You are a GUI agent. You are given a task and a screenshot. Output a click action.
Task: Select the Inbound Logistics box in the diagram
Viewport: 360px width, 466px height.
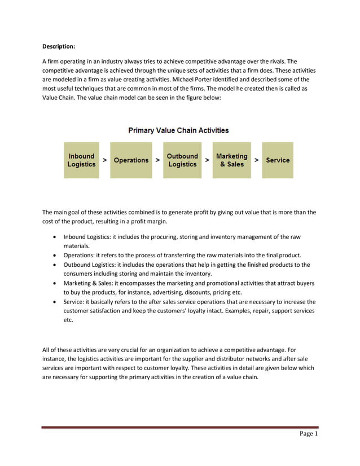click(x=81, y=160)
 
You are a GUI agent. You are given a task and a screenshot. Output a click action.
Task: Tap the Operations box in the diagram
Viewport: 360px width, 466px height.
click(x=131, y=160)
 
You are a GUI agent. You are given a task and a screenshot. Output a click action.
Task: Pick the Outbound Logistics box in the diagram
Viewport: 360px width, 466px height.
click(x=182, y=160)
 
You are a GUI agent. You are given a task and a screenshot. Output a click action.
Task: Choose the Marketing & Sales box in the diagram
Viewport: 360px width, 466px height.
click(x=231, y=160)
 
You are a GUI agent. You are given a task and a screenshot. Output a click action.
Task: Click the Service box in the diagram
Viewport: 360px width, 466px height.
click(x=278, y=160)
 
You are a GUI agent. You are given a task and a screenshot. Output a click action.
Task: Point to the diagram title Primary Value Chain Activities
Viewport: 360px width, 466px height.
click(x=178, y=130)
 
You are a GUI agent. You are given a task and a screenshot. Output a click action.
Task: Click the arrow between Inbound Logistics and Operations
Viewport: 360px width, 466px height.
click(x=105, y=160)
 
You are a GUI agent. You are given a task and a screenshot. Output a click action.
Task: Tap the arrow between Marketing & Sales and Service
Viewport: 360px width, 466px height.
click(x=257, y=160)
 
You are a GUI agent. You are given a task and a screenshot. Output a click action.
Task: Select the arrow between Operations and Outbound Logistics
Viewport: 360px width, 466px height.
click(x=157, y=160)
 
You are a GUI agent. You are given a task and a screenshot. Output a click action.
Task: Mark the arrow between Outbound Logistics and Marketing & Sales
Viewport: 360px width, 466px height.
click(x=207, y=160)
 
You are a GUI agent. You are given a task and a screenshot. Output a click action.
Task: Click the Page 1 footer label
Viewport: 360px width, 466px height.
click(x=309, y=434)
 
